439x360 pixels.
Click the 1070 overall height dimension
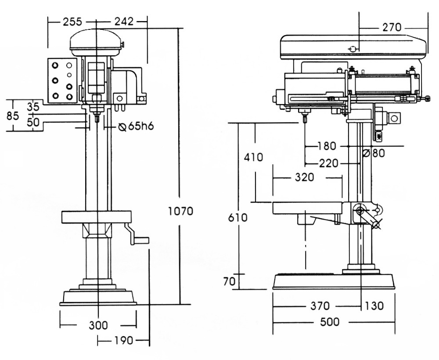(x=181, y=211)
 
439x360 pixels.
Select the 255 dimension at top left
(x=72, y=22)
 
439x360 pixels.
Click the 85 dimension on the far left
(x=13, y=115)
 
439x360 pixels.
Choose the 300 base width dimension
(x=98, y=325)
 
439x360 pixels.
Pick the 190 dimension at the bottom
(x=123, y=341)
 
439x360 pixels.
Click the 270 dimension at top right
(x=392, y=27)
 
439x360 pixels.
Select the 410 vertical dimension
(x=253, y=157)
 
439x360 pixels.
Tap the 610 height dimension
(x=237, y=217)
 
